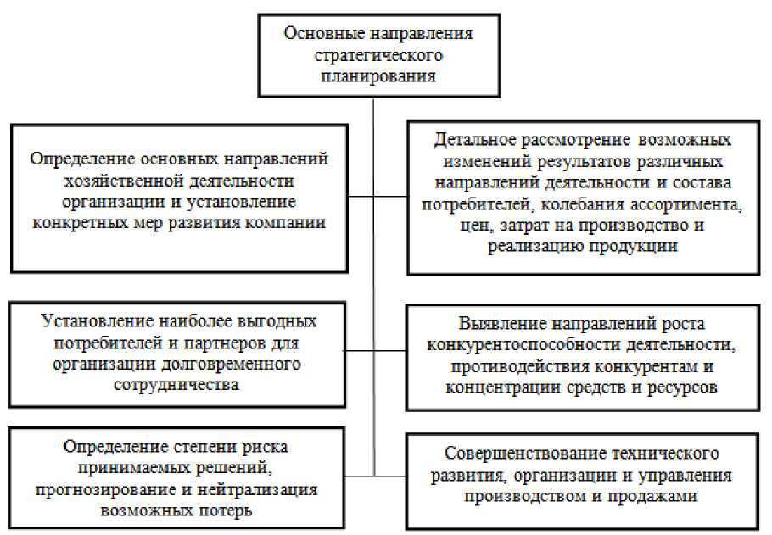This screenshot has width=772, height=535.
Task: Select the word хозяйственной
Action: [x=120, y=180]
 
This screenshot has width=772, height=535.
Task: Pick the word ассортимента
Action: [x=686, y=203]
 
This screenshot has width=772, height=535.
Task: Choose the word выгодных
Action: [x=274, y=322]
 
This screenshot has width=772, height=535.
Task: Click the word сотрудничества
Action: [x=179, y=384]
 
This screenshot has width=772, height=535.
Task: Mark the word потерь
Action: [x=235, y=510]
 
